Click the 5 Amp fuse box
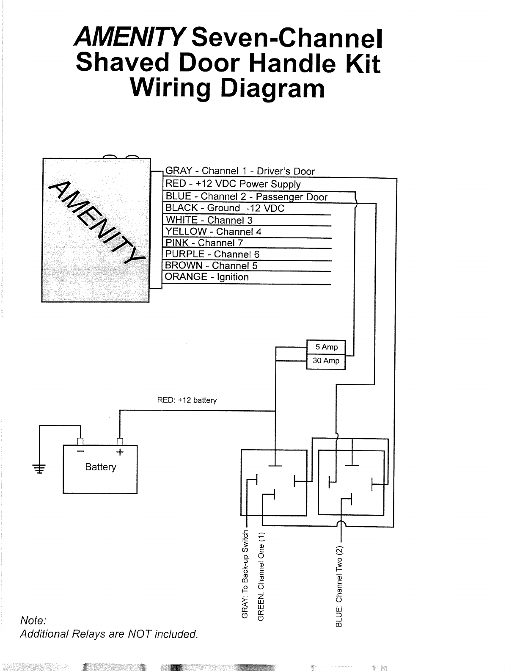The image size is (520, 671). point(326,347)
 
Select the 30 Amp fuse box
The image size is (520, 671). point(326,361)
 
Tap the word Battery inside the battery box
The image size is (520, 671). point(100,467)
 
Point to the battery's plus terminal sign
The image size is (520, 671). point(120,452)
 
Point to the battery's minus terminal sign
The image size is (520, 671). point(80,452)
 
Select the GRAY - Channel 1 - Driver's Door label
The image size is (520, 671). point(240,171)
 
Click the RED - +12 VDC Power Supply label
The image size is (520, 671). point(233,184)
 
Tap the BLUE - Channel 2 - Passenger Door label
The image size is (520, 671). point(247,196)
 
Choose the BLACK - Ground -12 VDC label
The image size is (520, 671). point(225,208)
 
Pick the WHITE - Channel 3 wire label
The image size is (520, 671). point(209,220)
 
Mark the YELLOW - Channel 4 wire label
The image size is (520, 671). point(213,232)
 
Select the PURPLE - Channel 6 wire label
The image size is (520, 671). point(212,254)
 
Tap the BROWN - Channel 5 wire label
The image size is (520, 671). point(211,265)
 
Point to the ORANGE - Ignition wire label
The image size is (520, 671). point(207,277)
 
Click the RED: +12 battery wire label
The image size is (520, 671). point(187,400)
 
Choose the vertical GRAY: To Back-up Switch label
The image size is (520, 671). point(245,574)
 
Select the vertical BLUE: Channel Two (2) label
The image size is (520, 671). point(338,586)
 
